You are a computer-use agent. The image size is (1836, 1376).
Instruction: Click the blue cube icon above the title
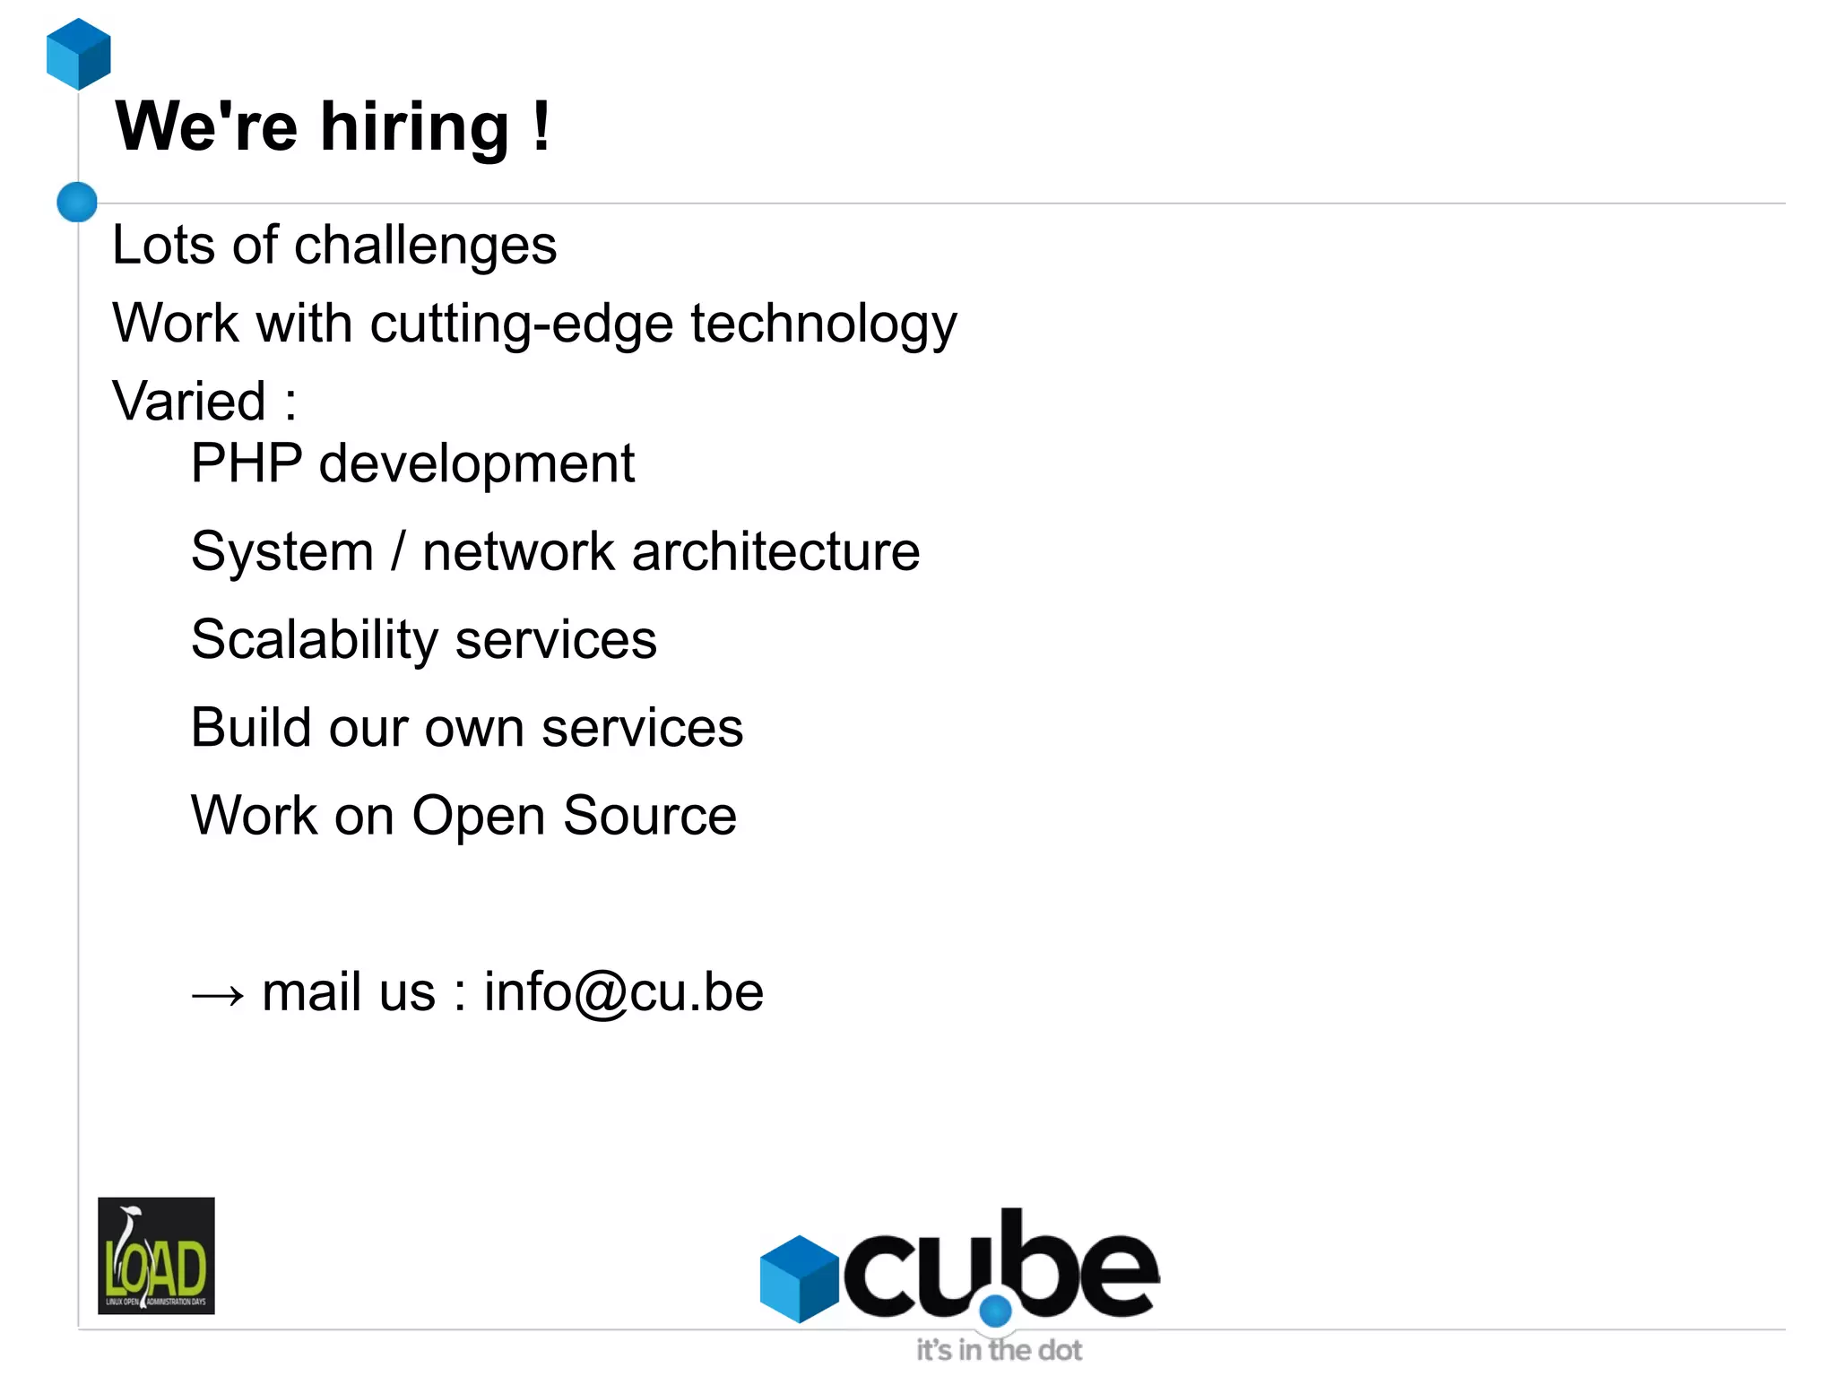tap(79, 54)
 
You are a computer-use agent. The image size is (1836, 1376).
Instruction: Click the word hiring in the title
tap(415, 127)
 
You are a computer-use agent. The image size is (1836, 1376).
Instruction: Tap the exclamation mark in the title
tap(540, 127)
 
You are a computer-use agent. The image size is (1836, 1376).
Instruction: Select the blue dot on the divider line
tap(77, 202)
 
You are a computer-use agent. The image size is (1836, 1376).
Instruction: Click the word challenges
tap(425, 246)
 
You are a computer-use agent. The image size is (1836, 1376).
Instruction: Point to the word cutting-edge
tap(521, 325)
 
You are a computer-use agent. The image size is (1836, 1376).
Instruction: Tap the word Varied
tap(189, 401)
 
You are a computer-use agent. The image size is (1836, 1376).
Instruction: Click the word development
tap(476, 464)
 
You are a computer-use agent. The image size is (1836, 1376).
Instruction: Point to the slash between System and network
tap(398, 551)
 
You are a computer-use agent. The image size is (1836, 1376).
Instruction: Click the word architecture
tap(775, 551)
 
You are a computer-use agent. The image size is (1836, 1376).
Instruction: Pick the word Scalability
tap(315, 640)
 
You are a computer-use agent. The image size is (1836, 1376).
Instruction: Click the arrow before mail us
tap(218, 994)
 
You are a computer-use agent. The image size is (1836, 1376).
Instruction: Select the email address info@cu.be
tap(624, 992)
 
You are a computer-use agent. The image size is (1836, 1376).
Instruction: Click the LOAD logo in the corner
tap(156, 1255)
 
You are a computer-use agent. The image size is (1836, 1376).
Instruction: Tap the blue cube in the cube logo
tap(799, 1278)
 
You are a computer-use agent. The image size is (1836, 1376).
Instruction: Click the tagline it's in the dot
tap(999, 1350)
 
